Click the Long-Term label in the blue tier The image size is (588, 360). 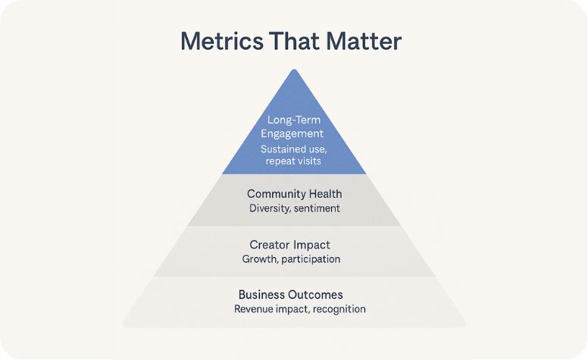295,120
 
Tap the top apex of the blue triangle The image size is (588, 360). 294,70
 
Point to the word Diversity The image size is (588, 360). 269,208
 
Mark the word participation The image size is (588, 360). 310,258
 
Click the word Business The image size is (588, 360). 262,294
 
